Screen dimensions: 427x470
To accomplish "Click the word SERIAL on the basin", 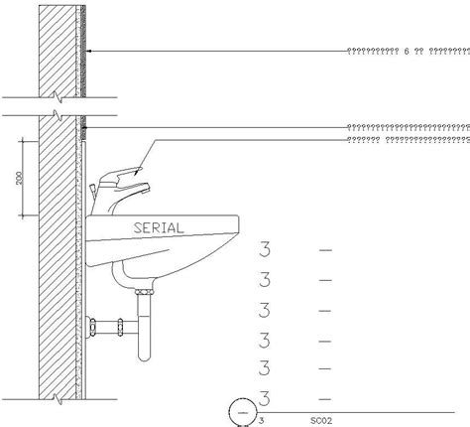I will point(158,226).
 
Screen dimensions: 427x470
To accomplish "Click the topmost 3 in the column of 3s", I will point(265,249).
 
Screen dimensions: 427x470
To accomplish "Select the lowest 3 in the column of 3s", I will point(265,398).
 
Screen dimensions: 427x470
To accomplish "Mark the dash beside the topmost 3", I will point(325,250).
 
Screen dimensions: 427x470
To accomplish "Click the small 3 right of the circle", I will point(262,420).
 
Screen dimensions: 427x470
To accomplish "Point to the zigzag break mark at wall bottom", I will point(62,398).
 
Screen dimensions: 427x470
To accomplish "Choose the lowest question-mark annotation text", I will point(407,140).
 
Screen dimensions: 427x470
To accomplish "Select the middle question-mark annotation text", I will point(407,127).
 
